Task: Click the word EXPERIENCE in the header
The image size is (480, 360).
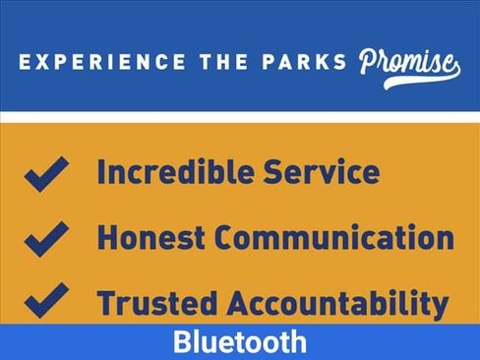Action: [x=102, y=62]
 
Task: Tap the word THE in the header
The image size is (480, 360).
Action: [x=223, y=62]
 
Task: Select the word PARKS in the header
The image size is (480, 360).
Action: [x=304, y=62]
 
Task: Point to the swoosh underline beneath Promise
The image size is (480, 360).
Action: [x=423, y=80]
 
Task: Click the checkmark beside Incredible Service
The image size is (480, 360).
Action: [x=46, y=174]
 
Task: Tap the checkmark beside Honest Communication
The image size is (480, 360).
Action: [x=46, y=239]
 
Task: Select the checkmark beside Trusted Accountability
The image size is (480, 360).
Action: [x=46, y=300]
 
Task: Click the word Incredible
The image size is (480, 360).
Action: [x=176, y=171]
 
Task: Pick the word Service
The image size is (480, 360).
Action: [x=322, y=171]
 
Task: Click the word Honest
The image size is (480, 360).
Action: [x=151, y=237]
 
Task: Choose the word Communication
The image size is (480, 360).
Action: [x=334, y=237]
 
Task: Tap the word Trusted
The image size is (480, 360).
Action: [x=157, y=303]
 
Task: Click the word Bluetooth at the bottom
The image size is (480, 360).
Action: [x=240, y=341]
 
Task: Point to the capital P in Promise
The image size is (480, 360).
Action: [x=369, y=61]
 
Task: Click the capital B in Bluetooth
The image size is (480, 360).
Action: [x=182, y=341]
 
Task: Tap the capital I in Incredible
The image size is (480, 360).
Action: [x=100, y=172]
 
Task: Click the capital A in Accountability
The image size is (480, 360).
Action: [x=238, y=303]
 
